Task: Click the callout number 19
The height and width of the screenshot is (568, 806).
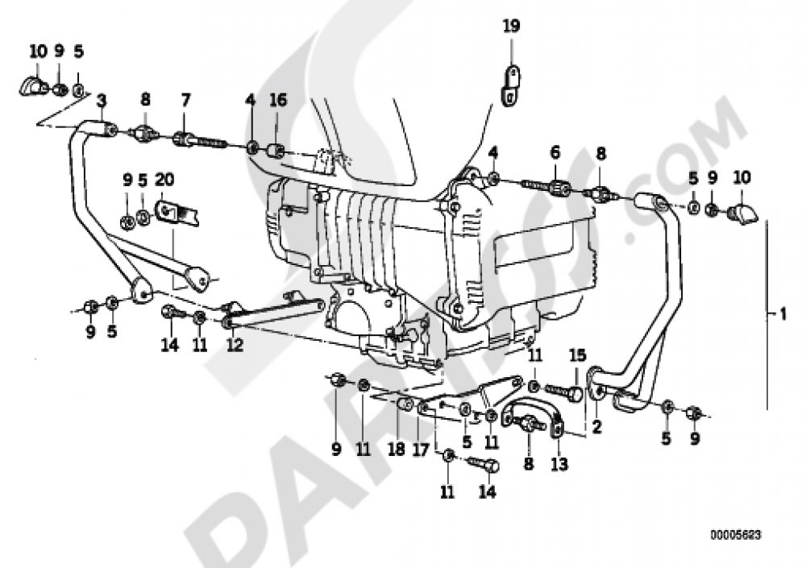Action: point(512,27)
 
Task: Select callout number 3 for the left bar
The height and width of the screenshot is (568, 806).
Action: point(101,101)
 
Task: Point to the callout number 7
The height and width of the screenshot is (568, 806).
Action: point(186,101)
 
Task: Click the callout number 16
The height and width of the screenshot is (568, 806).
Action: point(278,101)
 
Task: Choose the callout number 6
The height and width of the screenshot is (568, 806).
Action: point(555,152)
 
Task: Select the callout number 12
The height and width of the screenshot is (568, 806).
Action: point(235,344)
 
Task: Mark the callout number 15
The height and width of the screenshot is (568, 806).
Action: point(577,355)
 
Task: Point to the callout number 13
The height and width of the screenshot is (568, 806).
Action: point(559,464)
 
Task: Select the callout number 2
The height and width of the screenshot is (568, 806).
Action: point(597,428)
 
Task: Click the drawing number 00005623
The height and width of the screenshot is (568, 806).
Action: point(736,534)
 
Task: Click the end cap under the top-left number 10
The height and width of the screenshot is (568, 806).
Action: point(33,85)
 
